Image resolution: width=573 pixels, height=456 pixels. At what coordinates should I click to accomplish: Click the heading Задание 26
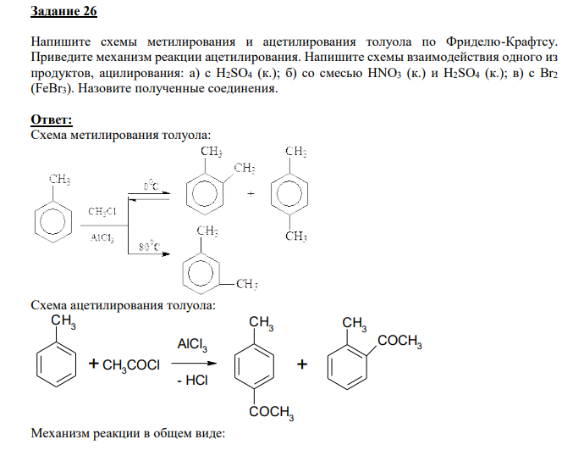point(63,11)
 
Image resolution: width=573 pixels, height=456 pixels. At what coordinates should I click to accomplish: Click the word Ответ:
point(52,120)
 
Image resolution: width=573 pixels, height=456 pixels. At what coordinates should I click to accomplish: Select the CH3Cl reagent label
point(102,212)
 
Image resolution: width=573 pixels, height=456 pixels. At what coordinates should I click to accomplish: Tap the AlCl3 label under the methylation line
point(102,238)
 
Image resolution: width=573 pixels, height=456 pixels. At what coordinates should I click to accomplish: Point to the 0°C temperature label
point(151,186)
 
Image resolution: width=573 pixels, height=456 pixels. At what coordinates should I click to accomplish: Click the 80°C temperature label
point(150,247)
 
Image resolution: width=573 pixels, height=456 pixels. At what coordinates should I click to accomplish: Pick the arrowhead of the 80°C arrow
point(166,253)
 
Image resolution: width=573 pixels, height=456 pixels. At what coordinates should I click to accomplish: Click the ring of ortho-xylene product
point(205,194)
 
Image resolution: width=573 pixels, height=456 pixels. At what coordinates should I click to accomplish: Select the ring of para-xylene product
point(289,194)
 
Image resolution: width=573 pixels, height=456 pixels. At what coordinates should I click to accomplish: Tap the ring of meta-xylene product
point(201,273)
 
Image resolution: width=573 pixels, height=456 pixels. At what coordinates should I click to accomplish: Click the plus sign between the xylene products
point(251,193)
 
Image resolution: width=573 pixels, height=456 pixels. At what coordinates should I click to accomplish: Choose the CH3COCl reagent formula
point(131,365)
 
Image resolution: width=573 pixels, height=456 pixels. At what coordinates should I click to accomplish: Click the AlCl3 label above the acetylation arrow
point(192,344)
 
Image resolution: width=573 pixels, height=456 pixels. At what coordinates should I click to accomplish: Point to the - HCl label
point(192,381)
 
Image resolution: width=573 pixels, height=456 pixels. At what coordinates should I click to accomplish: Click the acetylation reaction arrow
point(194,364)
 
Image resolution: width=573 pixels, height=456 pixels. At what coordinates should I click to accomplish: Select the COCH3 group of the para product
point(272,413)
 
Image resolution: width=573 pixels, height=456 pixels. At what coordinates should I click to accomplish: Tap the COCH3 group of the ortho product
point(399,341)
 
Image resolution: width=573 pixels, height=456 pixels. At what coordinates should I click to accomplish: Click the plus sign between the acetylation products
point(302,364)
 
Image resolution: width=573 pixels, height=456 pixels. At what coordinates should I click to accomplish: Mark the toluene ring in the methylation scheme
point(53,222)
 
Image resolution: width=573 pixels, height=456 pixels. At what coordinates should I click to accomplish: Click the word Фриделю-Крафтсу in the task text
point(502,42)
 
